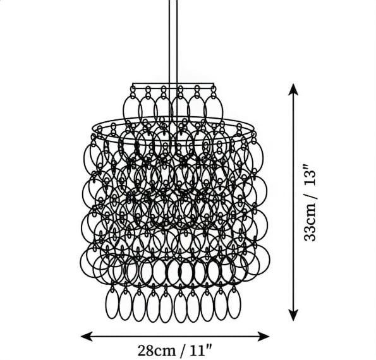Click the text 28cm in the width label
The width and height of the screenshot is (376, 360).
coord(156,351)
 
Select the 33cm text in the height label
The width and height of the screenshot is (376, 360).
coord(310,222)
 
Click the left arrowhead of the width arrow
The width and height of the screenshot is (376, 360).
coord(87,336)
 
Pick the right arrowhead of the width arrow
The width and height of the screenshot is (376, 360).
coord(264,336)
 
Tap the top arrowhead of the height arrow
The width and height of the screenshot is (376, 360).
coord(293,90)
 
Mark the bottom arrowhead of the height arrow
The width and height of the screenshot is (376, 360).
coord(293,315)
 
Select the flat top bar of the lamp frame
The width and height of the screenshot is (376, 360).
coord(173,85)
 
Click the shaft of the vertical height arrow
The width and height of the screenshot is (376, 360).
coord(293,203)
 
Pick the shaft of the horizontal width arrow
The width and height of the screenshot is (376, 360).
coord(175,336)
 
